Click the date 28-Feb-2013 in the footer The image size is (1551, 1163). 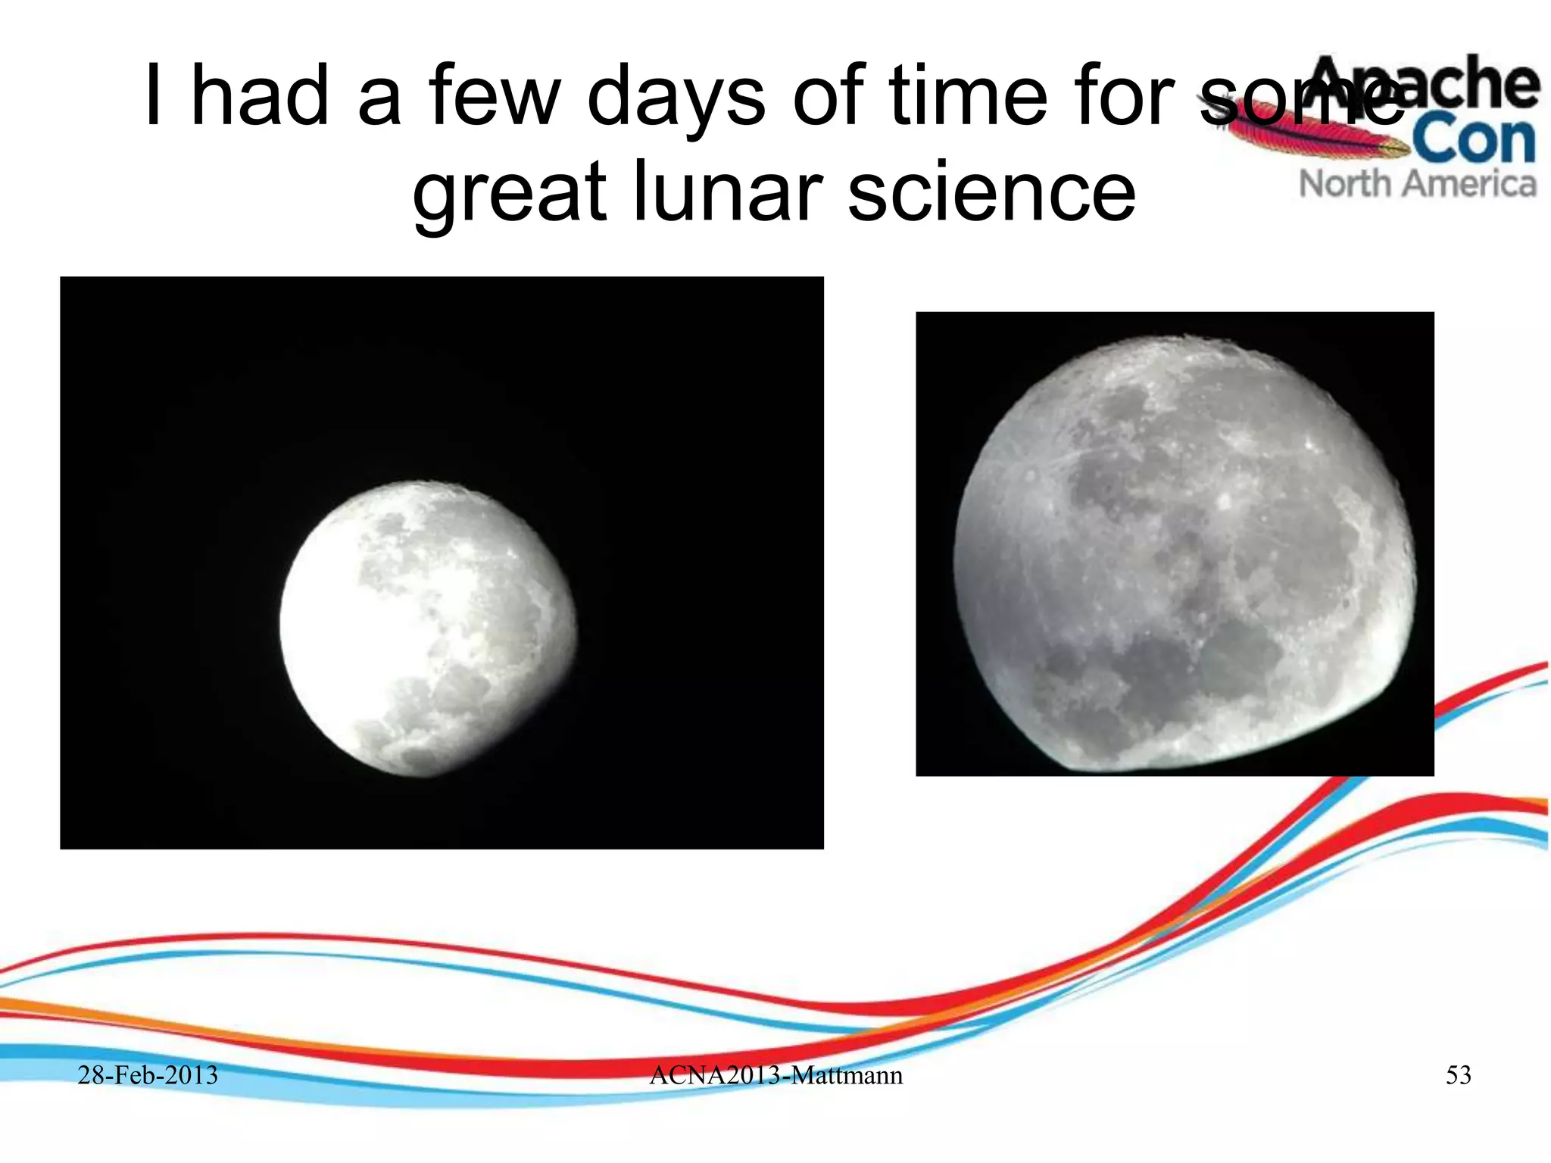click(x=148, y=1074)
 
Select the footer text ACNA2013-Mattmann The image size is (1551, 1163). click(x=775, y=1074)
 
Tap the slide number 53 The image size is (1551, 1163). click(x=1458, y=1074)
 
